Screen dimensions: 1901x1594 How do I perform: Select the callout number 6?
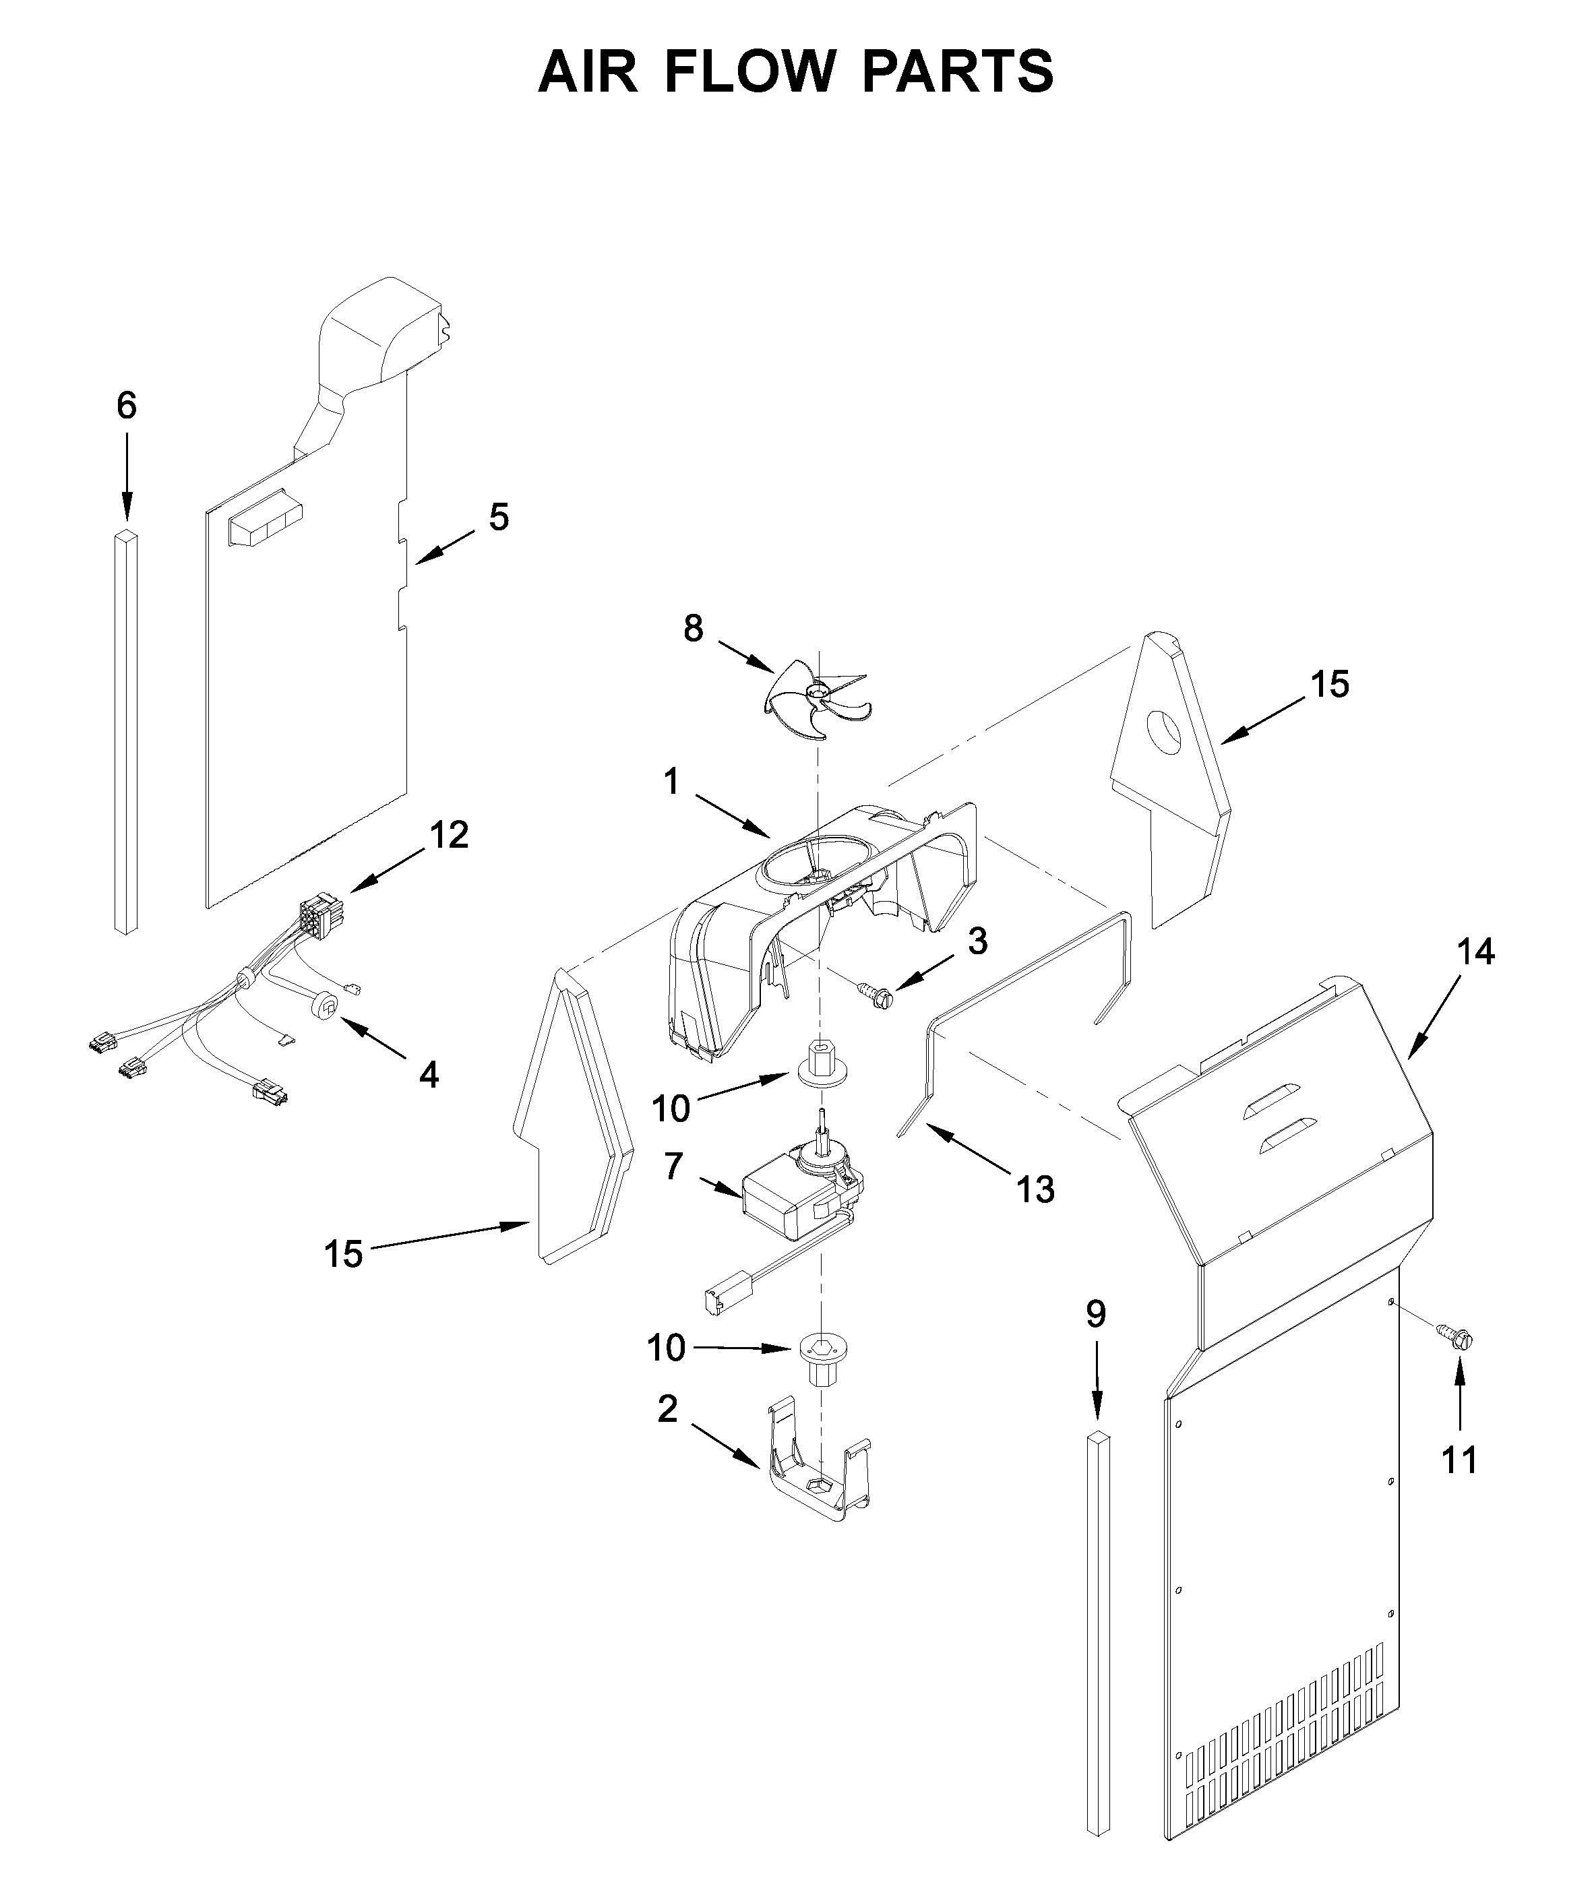pos(127,406)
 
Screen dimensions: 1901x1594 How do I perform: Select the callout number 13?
pos(1035,1189)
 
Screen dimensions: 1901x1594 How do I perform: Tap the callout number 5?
pos(499,518)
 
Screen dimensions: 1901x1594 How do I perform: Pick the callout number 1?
pos(671,782)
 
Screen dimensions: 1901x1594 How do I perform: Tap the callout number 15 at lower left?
pos(343,1255)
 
